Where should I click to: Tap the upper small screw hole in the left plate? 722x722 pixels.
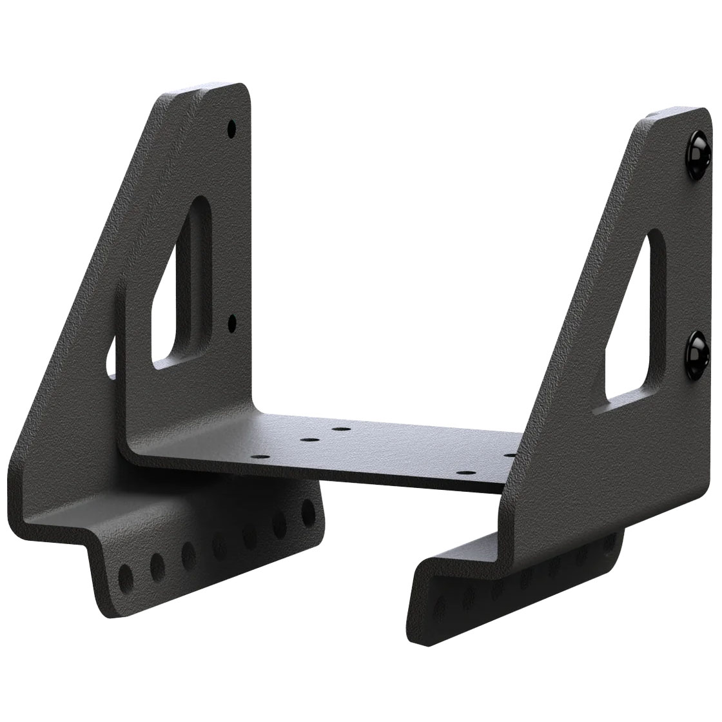231,130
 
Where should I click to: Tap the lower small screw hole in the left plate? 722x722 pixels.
232,320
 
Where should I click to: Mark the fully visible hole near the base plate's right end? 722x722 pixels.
462,473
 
